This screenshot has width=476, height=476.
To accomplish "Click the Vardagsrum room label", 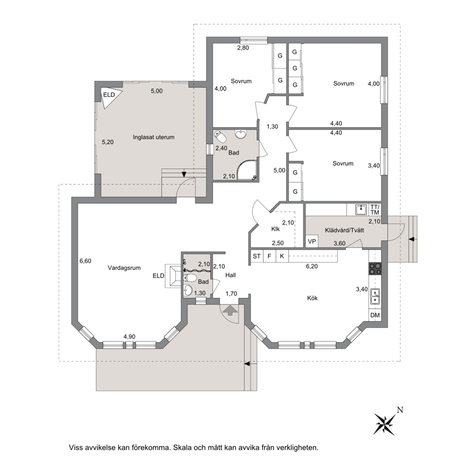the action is (x=124, y=268).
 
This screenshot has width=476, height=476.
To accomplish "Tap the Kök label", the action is (x=312, y=298).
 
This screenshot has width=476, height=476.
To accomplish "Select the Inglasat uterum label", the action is (x=154, y=137).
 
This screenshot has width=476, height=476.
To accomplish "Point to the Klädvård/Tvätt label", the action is (x=345, y=230).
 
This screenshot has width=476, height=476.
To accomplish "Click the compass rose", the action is (x=385, y=424).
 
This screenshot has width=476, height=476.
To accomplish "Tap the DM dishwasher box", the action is (x=375, y=315).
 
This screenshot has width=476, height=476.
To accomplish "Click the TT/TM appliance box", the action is (x=375, y=210).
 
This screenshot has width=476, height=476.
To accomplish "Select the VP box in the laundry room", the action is (x=312, y=241).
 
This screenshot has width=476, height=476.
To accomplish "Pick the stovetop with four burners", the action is (x=375, y=269).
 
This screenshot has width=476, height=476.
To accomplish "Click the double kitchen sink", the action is (x=375, y=297).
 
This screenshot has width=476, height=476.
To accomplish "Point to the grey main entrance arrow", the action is (x=230, y=310).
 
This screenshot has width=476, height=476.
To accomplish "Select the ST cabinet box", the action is (x=257, y=256).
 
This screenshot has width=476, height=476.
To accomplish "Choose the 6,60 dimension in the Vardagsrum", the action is (x=85, y=261).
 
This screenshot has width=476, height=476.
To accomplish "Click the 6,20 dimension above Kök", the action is (x=312, y=266).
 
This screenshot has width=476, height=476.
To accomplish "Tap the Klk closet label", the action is (x=275, y=229).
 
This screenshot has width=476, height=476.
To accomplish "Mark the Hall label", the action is (x=230, y=275).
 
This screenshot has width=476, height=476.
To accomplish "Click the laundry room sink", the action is (x=361, y=209).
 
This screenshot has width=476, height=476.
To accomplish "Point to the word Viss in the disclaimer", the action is (x=76, y=448).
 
